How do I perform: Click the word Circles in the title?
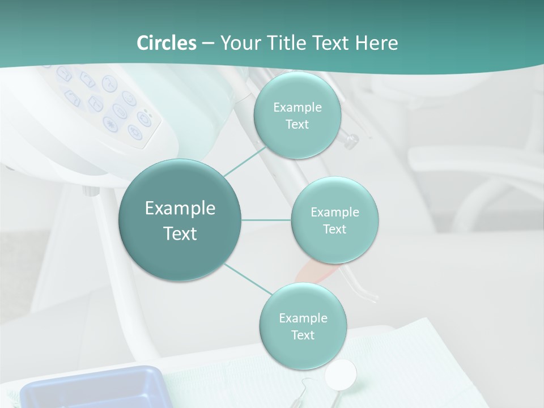coord(166,43)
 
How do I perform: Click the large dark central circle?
coord(180,220)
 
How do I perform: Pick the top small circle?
coord(297,116)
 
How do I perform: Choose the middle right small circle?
coord(334,220)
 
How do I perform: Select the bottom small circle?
coord(303,326)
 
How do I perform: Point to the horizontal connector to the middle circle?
coord(266,220)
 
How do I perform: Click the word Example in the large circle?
coord(180,209)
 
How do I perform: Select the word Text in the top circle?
coord(297,125)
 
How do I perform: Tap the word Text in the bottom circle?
coord(303,335)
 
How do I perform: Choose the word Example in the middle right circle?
coord(334,212)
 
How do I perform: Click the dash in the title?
coord(207,44)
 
